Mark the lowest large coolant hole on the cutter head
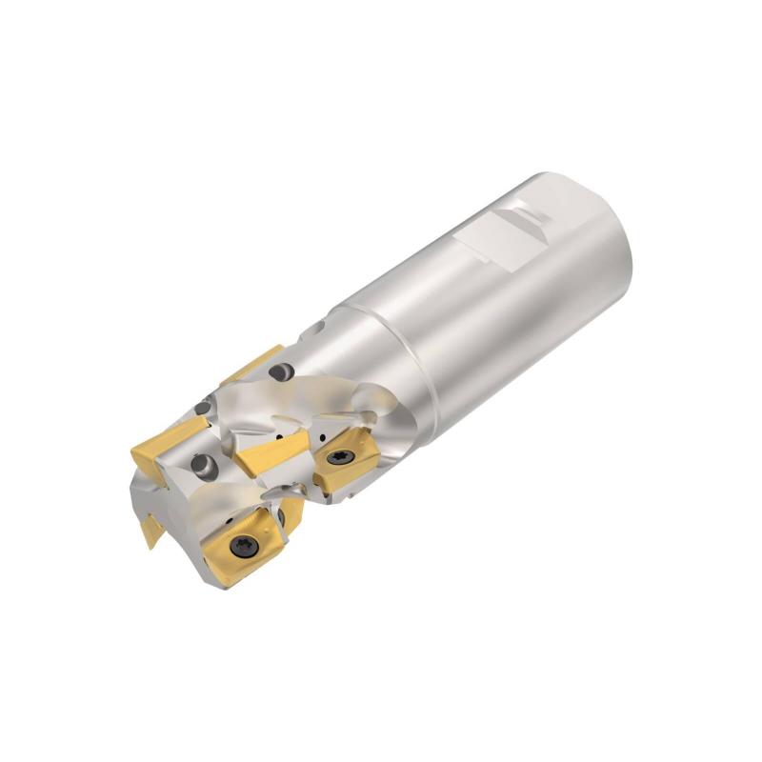[201, 466]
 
